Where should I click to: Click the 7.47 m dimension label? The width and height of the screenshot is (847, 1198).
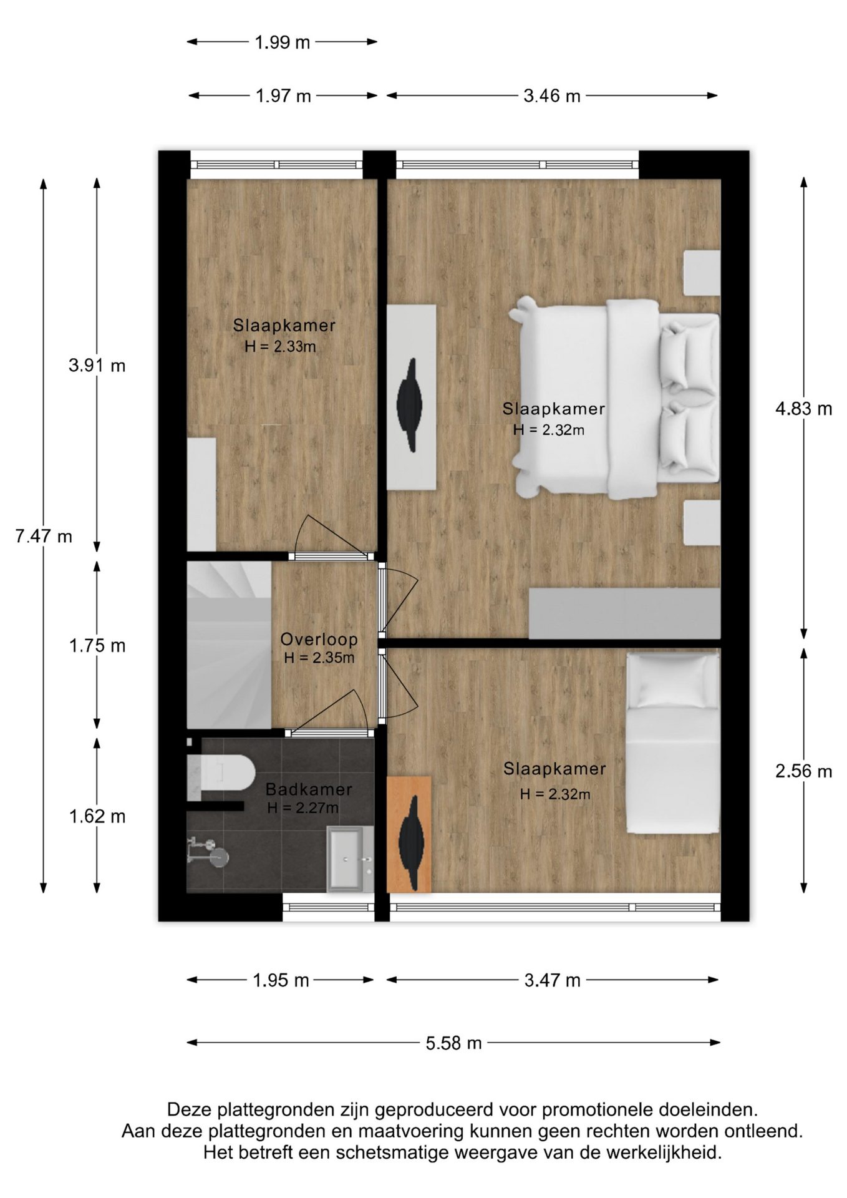tap(44, 536)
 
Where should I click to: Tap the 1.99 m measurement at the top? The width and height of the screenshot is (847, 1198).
tap(282, 42)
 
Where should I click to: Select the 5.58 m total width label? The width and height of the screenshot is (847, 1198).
tap(454, 1043)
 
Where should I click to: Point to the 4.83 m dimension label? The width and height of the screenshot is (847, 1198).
tap(803, 409)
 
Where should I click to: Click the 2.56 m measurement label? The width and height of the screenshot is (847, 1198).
tap(803, 771)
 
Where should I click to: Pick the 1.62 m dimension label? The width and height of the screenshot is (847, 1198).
tap(97, 816)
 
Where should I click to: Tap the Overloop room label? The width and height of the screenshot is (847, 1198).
tap(319, 639)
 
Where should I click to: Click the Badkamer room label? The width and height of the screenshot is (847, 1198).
tap(309, 789)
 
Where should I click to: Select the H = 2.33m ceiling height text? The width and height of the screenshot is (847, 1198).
tap(280, 346)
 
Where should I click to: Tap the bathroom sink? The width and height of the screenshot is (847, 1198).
tap(350, 859)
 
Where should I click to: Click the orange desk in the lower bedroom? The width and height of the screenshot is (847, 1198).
tap(409, 834)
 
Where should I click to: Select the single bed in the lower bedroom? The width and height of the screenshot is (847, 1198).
tap(673, 743)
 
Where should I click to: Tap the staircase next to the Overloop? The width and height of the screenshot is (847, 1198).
tap(229, 645)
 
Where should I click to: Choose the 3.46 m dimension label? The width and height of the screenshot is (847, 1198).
tap(552, 96)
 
